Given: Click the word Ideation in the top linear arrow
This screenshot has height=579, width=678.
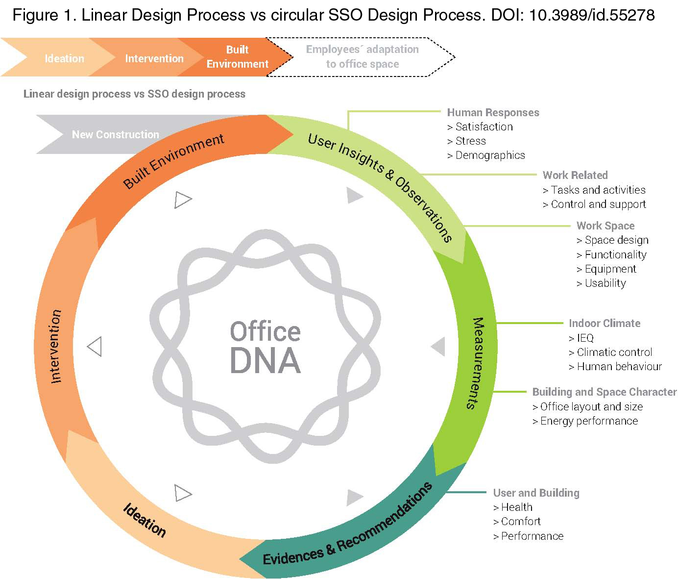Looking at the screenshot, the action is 64,58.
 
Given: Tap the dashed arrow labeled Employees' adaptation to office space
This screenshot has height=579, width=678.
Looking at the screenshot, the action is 361,57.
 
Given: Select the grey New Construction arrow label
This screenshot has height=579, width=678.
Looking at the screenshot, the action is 116,134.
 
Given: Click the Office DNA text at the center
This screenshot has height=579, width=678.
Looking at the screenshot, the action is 265,347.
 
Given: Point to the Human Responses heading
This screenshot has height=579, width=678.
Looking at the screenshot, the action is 493,113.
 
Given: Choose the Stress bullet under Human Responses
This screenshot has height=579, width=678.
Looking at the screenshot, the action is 466,141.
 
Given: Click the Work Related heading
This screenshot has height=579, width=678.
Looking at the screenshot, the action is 575,175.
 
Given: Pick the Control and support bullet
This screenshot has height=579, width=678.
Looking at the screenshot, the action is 594,204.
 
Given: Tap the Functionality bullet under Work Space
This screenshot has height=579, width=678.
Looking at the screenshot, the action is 611,254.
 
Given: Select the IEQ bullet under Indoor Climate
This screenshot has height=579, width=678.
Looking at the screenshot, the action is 581,338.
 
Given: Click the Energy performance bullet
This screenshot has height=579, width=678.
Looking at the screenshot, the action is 585,421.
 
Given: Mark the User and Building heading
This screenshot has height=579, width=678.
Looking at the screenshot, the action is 536,493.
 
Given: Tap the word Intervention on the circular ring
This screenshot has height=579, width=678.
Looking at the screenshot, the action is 56,346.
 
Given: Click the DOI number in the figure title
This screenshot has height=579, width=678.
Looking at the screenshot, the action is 592,15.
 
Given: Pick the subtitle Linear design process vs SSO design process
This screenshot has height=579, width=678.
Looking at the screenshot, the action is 134,94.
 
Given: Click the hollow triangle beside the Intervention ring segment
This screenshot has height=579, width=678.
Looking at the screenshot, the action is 95,347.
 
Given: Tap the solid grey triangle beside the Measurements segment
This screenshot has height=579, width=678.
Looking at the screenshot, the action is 438,346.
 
